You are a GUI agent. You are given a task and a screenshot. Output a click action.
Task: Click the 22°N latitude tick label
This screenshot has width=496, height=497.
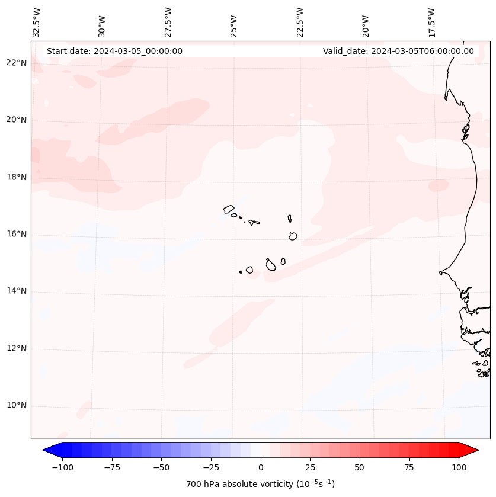click(17, 63)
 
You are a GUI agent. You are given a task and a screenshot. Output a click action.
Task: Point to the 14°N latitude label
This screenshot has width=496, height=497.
click(17, 291)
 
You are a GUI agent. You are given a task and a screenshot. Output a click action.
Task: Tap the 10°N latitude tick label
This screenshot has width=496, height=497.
click(17, 406)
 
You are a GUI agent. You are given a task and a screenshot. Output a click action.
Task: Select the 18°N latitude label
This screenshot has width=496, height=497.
click(17, 177)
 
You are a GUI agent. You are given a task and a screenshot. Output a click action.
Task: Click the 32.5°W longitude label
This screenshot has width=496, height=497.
click(37, 22)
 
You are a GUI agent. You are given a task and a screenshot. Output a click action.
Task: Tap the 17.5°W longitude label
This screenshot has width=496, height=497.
click(431, 22)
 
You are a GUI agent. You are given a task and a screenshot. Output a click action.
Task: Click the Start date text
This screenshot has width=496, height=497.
click(114, 51)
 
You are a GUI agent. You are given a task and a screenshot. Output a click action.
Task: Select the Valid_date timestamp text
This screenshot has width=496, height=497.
click(398, 51)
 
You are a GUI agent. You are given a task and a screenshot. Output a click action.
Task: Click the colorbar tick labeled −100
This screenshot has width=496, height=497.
click(62, 468)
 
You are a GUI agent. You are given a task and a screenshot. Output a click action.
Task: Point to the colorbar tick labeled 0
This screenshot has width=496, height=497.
click(260, 468)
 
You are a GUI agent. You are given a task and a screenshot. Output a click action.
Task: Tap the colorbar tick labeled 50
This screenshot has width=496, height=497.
click(360, 468)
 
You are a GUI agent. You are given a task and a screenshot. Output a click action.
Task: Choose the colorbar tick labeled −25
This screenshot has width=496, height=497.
click(210, 468)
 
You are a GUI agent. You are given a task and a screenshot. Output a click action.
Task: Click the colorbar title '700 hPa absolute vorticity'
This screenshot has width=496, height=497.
click(260, 484)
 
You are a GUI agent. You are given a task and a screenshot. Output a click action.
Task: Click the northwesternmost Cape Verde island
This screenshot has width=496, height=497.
click(229, 209)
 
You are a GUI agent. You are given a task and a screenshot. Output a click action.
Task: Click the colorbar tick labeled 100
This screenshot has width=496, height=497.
click(459, 468)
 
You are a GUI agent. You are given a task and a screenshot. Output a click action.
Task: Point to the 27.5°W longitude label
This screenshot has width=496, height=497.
click(168, 22)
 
